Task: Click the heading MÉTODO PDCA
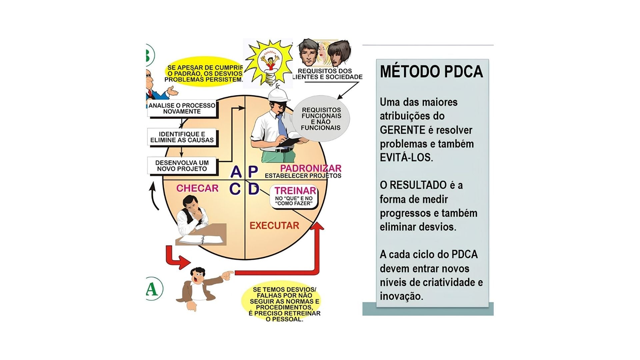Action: [x=431, y=72]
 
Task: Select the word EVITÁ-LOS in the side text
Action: [x=406, y=157]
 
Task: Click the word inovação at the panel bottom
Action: [x=401, y=296]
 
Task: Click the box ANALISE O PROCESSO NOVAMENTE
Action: [x=182, y=109]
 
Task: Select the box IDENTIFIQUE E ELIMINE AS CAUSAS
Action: [x=182, y=137]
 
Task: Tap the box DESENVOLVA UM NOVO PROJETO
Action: [x=182, y=166]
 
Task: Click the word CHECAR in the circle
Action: [x=197, y=188]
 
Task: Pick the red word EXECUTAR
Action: [x=274, y=226]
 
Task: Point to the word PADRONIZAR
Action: [x=311, y=168]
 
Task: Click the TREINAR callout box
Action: [x=294, y=197]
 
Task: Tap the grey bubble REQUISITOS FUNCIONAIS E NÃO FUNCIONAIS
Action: [x=321, y=119]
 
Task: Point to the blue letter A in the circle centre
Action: [x=236, y=172]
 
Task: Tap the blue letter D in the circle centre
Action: [x=254, y=189]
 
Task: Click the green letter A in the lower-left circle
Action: [x=152, y=289]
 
